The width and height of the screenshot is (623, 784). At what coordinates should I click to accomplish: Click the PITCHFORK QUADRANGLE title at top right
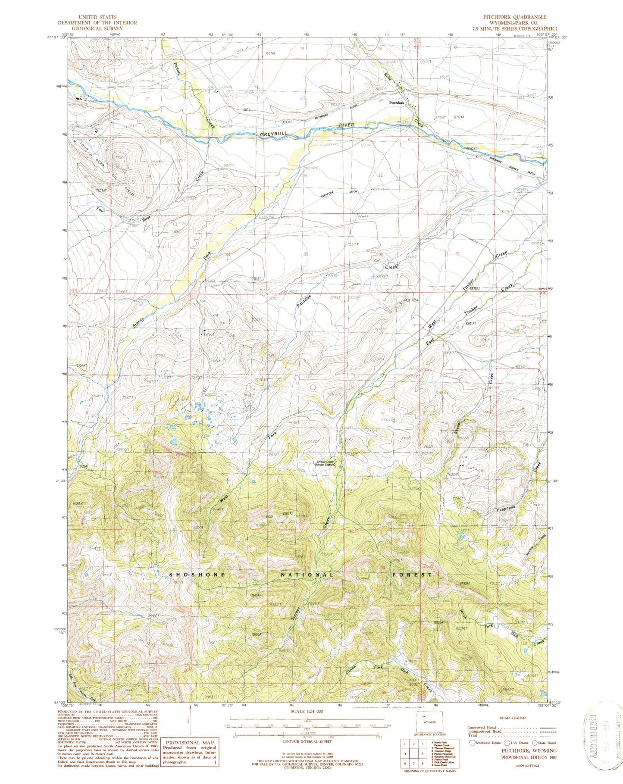514,17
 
